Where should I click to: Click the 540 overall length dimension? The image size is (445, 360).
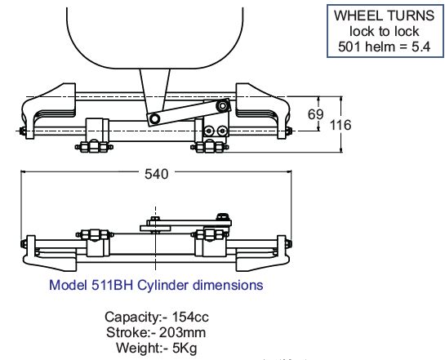click(157, 174)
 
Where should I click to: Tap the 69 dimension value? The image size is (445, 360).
click(316, 114)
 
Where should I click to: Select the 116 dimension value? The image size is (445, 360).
click(340, 125)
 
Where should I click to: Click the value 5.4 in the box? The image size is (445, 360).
click(421, 47)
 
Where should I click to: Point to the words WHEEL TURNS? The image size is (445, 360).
click(385, 16)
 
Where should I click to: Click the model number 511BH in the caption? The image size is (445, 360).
click(112, 285)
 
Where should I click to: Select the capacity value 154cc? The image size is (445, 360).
click(190, 317)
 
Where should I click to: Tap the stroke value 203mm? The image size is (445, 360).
click(182, 332)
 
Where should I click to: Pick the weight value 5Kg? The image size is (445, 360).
click(185, 348)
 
